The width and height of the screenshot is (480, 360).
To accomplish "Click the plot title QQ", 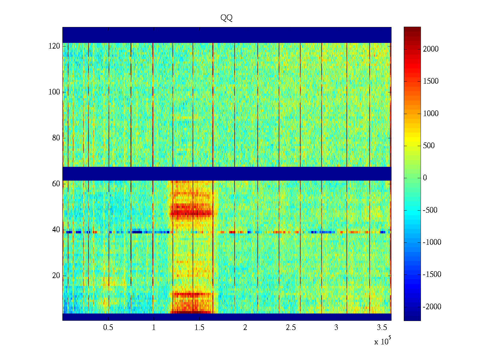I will (x=226, y=18).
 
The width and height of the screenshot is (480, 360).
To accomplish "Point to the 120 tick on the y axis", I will (x=54, y=46).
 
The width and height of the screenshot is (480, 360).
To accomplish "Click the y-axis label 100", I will (x=54, y=92).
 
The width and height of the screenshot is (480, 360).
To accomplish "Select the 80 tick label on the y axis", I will (x=56, y=138).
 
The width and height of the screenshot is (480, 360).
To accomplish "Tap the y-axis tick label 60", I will (x=56, y=184).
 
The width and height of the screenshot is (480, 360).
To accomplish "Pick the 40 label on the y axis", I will (x=56, y=230).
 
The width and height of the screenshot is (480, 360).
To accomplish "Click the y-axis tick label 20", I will (x=56, y=276).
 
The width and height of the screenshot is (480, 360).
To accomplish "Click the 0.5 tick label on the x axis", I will (x=108, y=328).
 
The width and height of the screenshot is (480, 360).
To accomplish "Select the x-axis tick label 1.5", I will (x=199, y=328).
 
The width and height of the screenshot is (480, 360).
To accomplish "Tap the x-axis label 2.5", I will (x=291, y=328).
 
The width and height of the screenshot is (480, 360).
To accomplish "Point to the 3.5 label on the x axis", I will (x=382, y=328).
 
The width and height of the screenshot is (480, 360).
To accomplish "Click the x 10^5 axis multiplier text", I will (x=383, y=341).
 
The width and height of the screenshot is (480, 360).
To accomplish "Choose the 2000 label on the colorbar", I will (x=430, y=49).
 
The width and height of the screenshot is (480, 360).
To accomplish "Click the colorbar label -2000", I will (x=432, y=307).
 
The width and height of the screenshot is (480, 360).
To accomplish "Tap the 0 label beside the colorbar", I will (x=425, y=178).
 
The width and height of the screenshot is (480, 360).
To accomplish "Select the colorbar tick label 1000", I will (x=430, y=113).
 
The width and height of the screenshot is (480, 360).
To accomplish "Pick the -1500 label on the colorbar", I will (x=432, y=274).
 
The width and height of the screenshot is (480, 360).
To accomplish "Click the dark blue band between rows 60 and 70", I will (x=227, y=173).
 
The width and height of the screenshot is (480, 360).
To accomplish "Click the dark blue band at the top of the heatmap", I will (x=227, y=35).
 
